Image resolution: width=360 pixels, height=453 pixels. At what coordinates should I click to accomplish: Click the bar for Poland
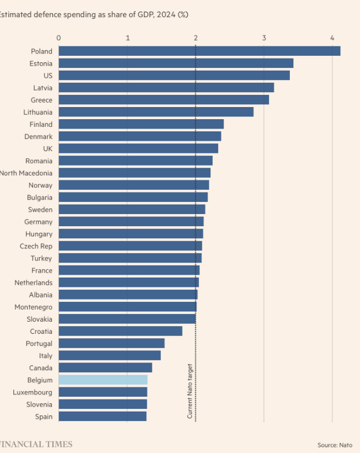pyautogui.click(x=199, y=51)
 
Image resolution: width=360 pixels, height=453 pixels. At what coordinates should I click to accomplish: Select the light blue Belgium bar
pyautogui.click(x=103, y=380)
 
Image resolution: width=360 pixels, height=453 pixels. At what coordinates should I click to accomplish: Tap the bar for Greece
pyautogui.click(x=163, y=100)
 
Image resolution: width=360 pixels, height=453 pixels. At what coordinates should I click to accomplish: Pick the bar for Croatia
pyautogui.click(x=120, y=331)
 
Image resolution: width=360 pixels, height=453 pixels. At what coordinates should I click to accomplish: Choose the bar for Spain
pyautogui.click(x=102, y=417)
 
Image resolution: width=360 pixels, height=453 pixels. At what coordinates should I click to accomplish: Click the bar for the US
pyautogui.click(x=174, y=76)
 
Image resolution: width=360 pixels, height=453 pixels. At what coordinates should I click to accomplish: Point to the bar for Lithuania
pyautogui.click(x=156, y=112)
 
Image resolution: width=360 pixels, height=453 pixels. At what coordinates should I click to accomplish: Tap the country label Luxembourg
pyautogui.click(x=33, y=392)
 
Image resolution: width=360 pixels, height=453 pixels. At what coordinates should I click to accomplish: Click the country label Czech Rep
pyautogui.click(x=36, y=246)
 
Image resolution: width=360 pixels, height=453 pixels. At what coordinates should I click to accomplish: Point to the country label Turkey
pyautogui.click(x=41, y=258)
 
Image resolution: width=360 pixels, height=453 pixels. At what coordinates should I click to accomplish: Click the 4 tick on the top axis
pyautogui.click(x=332, y=38)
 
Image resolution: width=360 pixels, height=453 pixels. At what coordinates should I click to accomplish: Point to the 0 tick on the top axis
pyautogui.click(x=59, y=38)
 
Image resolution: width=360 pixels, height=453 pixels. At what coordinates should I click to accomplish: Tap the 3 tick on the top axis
pyautogui.click(x=264, y=38)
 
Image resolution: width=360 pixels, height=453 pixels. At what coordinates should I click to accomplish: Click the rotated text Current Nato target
pyautogui.click(x=190, y=391)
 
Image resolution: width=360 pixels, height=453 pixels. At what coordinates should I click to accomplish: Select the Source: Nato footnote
pyautogui.click(x=335, y=445)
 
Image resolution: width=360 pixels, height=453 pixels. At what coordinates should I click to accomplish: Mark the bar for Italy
pyautogui.click(x=109, y=356)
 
